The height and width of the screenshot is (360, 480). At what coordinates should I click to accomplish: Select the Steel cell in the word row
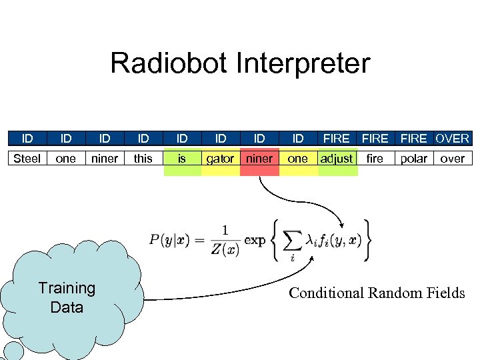(27, 159)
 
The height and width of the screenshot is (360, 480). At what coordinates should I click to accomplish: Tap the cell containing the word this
(143, 159)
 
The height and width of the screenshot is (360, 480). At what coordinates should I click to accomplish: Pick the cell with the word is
(182, 159)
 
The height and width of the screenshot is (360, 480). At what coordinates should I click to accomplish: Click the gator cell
(220, 159)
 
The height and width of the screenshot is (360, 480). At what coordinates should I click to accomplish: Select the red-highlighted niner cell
(259, 159)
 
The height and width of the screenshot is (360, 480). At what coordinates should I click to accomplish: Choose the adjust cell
(337, 159)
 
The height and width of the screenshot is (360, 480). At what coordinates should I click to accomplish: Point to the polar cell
(414, 159)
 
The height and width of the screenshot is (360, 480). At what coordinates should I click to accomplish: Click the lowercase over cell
(453, 159)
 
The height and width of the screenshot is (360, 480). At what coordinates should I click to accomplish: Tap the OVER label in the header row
(453, 139)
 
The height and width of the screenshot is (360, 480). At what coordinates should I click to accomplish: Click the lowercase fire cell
(375, 159)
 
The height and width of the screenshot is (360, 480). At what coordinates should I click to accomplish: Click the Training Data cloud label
(67, 297)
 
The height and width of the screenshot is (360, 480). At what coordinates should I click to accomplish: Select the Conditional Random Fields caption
(377, 293)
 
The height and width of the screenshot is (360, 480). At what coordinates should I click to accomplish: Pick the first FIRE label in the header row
(336, 139)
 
